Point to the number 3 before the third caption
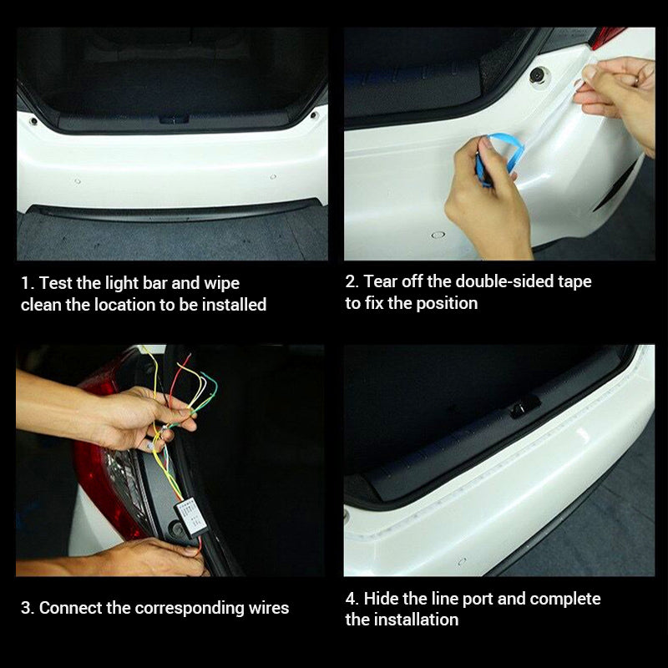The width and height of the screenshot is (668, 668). [25, 608]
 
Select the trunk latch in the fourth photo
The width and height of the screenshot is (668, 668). [524, 407]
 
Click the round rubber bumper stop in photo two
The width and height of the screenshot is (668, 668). [539, 75]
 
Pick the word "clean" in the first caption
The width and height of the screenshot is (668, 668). [41, 305]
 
